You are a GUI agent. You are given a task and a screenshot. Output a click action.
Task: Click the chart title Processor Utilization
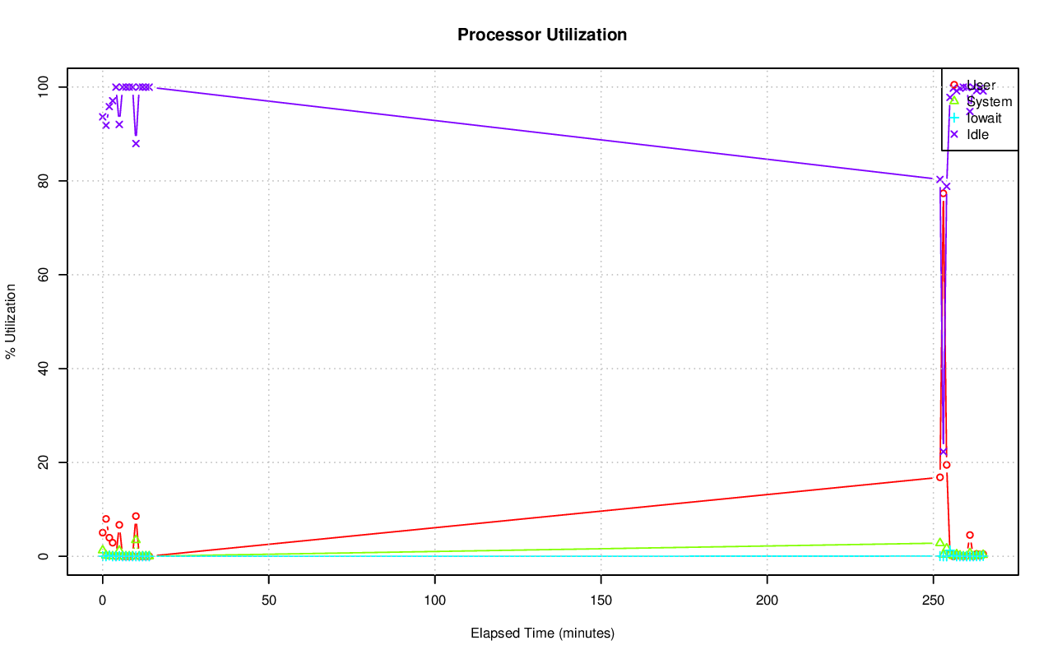point(542,35)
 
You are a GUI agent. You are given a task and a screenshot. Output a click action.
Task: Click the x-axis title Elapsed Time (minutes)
point(542,633)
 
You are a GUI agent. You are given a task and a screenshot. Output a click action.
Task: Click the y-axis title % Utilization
point(11,321)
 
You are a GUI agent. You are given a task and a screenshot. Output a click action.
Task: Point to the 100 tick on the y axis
point(49,86)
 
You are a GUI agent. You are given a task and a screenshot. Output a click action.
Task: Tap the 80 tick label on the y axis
point(49,180)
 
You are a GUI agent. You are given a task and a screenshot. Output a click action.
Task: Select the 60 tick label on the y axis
point(49,274)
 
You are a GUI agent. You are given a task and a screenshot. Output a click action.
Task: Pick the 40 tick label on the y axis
point(49,368)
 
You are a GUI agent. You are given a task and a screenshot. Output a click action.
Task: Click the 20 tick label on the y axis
point(49,462)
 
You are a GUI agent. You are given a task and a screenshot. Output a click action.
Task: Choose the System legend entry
point(989,102)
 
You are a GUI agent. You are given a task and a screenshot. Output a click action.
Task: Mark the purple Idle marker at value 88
point(136,143)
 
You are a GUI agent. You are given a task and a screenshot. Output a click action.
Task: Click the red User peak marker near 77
point(944,193)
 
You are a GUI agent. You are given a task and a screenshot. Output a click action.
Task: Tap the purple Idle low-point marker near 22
point(944,452)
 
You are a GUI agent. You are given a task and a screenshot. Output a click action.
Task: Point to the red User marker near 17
point(939,477)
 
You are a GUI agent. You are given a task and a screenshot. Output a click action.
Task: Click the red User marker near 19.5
point(947,465)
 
